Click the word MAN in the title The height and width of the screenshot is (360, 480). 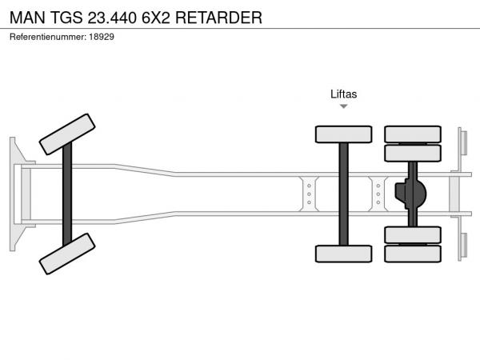(27, 18)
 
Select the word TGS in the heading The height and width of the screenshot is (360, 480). (66, 18)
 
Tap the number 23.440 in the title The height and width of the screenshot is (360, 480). (112, 18)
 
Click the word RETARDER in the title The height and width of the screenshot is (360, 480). (218, 18)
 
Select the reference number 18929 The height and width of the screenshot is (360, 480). (102, 37)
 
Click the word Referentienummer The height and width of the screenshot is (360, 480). (48, 37)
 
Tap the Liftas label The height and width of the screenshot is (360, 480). (343, 94)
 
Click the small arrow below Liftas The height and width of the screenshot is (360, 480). (344, 106)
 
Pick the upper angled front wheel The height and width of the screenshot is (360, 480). (67, 134)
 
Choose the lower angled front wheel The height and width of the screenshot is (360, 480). (67, 254)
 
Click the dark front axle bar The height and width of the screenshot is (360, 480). (67, 194)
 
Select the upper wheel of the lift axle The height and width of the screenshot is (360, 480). (343, 134)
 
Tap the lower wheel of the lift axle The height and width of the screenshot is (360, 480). (343, 254)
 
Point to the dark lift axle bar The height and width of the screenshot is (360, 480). (343, 194)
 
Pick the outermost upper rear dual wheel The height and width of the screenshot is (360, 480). (413, 134)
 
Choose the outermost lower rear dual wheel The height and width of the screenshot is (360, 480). (413, 254)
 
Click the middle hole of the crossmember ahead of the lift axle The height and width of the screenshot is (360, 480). (309, 194)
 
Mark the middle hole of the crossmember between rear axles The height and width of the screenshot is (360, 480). (378, 194)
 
